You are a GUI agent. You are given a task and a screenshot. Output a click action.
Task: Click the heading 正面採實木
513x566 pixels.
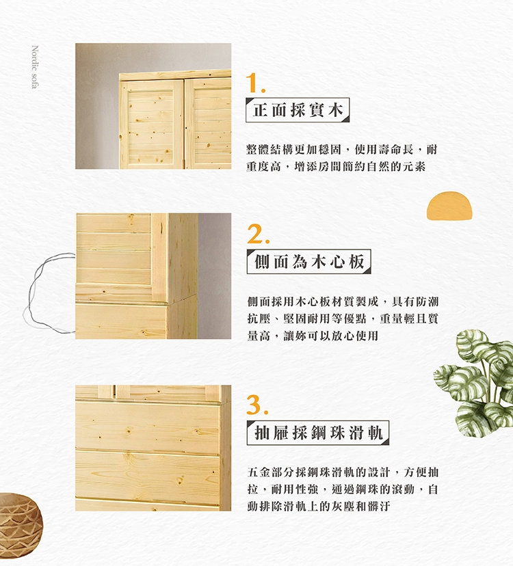(x=298, y=110)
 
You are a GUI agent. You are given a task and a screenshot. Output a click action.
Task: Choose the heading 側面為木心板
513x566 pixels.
(x=309, y=261)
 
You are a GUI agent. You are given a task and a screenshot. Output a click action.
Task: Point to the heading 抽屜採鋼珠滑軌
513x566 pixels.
(x=318, y=433)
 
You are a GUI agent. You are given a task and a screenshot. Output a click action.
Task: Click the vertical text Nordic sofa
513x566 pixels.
(x=35, y=67)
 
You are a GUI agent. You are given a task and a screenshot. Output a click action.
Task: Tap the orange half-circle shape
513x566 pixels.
(x=449, y=206)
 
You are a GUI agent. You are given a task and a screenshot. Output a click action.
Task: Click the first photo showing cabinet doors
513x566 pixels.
(x=153, y=106)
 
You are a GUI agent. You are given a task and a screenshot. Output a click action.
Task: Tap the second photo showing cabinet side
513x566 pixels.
(x=153, y=276)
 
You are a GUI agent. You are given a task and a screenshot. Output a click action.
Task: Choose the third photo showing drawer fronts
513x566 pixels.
(x=153, y=448)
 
